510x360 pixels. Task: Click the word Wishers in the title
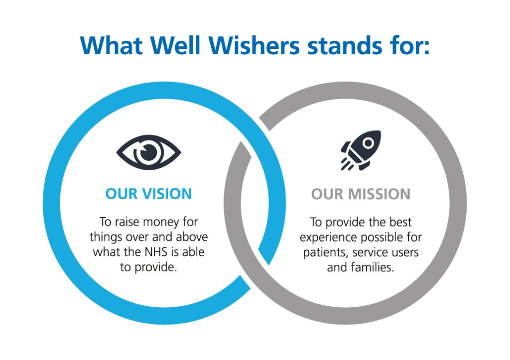[254, 45]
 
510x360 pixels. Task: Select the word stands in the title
[345, 45]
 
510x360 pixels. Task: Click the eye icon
[148, 152]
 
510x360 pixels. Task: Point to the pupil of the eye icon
[149, 152]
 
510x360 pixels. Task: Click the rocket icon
[361, 150]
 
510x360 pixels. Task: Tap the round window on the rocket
[368, 143]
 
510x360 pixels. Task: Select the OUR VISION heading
[148, 194]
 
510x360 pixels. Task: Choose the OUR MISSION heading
[361, 194]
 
